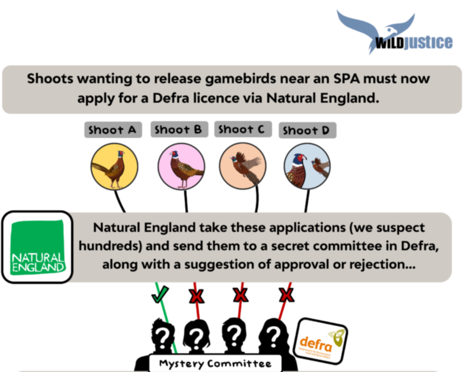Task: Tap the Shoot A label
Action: click(113, 130)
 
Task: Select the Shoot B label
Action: click(179, 130)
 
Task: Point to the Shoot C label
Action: click(242, 129)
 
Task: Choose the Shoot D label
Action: click(307, 131)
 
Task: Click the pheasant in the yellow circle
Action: click(114, 167)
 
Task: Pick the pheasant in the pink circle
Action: click(181, 167)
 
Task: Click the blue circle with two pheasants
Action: click(307, 166)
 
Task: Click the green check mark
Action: click(160, 294)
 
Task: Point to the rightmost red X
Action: click(287, 295)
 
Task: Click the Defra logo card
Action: click(320, 341)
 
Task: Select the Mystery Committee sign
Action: click(215, 364)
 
